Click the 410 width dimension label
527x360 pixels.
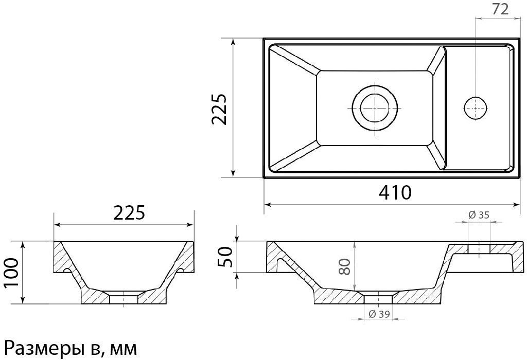point(395,192)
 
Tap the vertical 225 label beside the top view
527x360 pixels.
point(219,109)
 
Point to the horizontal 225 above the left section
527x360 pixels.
point(129,212)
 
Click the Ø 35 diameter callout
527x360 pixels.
point(479,215)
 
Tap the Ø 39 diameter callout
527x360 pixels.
point(379,314)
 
